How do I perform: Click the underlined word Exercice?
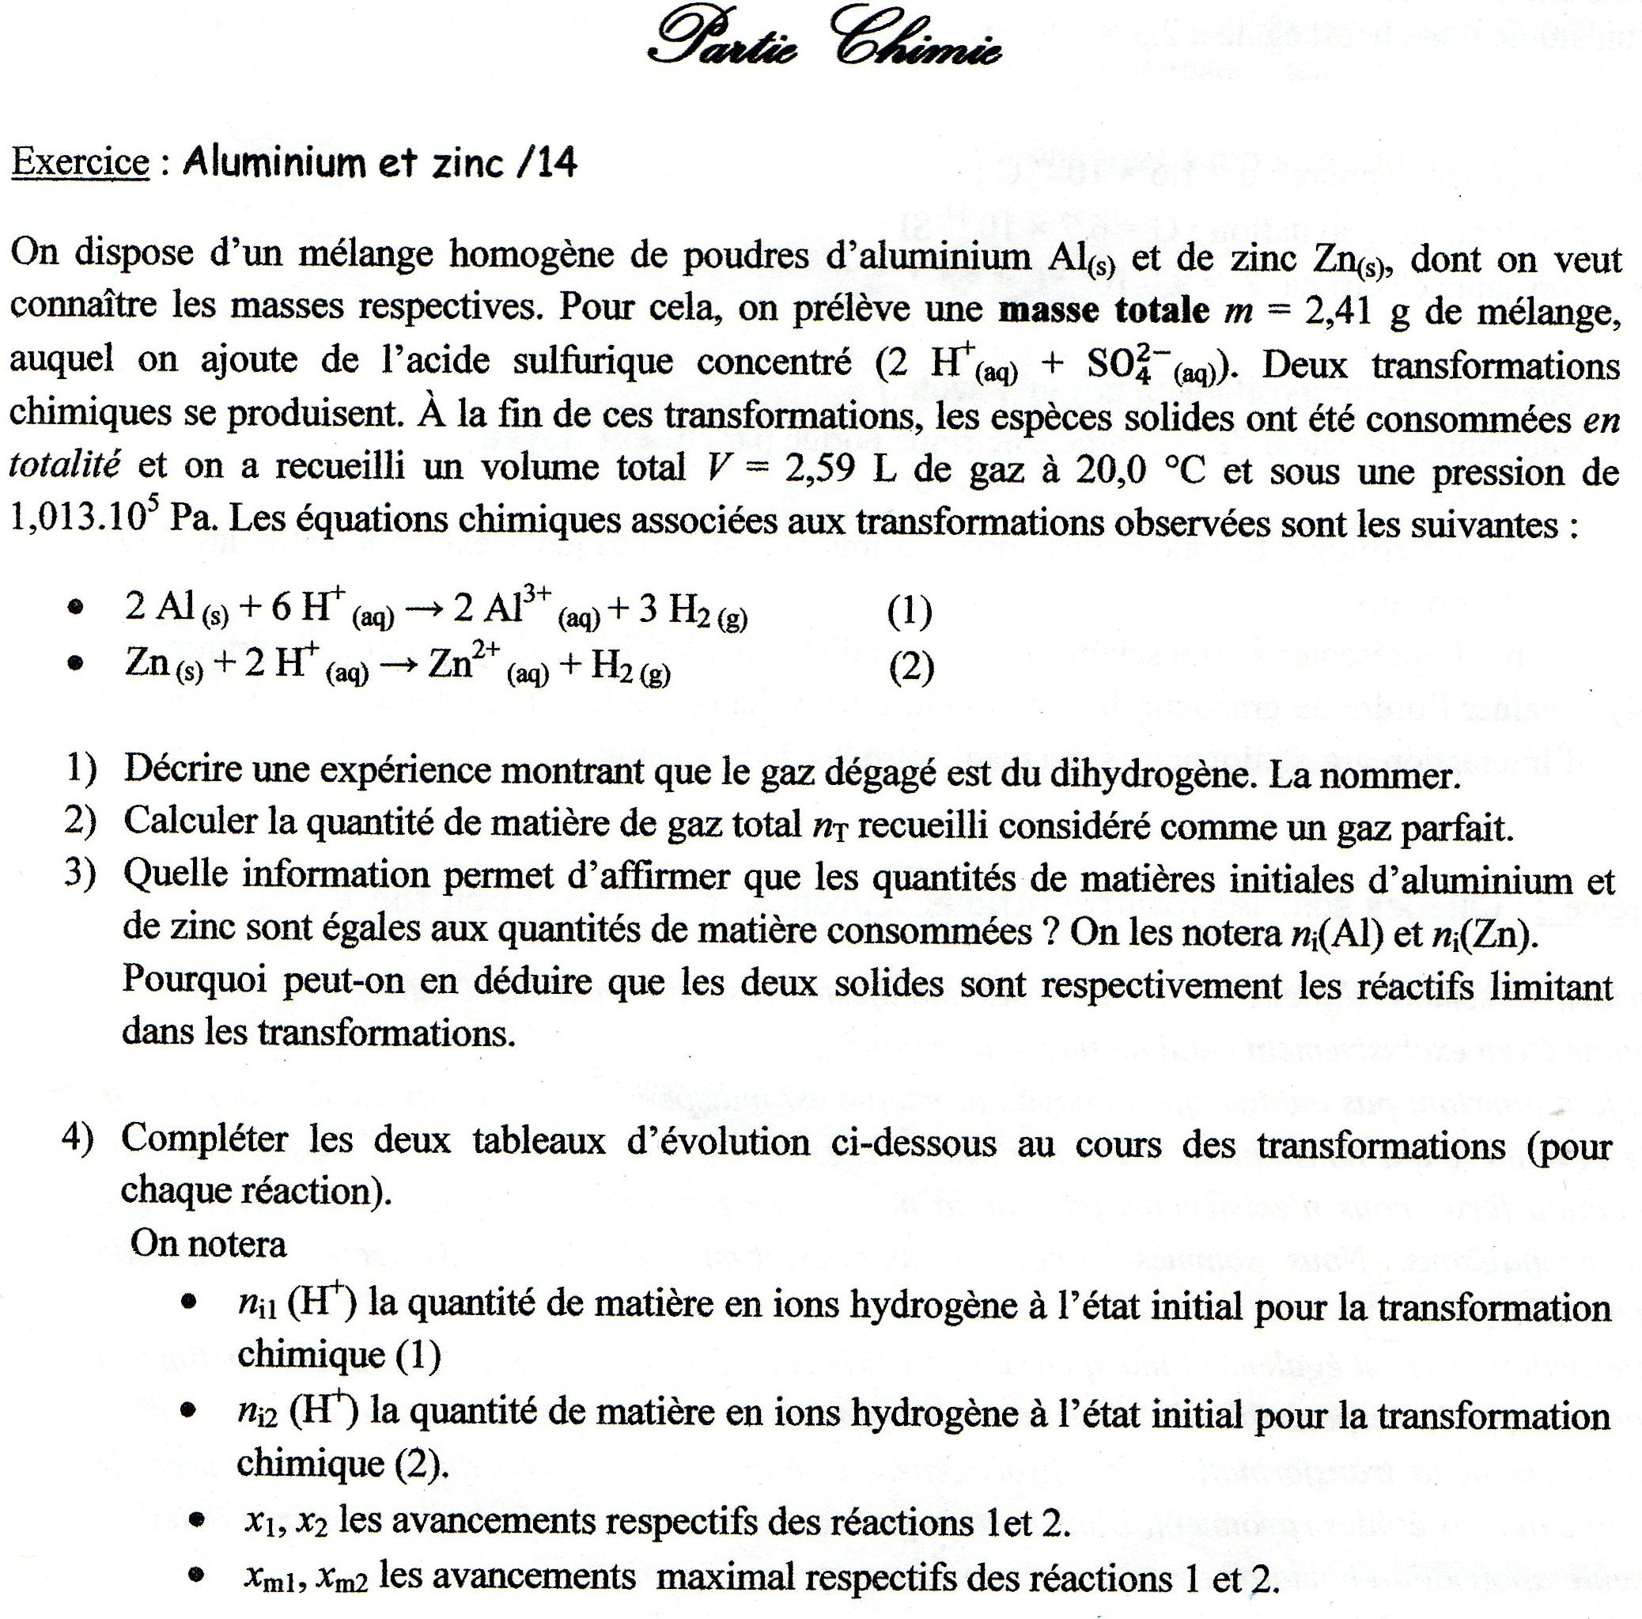[80, 161]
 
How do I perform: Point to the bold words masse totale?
[1103, 311]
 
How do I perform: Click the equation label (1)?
[910, 611]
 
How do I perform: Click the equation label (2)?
[911, 669]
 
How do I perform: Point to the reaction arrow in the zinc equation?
[398, 666]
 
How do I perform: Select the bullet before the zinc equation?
[77, 663]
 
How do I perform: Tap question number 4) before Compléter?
[78, 1139]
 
